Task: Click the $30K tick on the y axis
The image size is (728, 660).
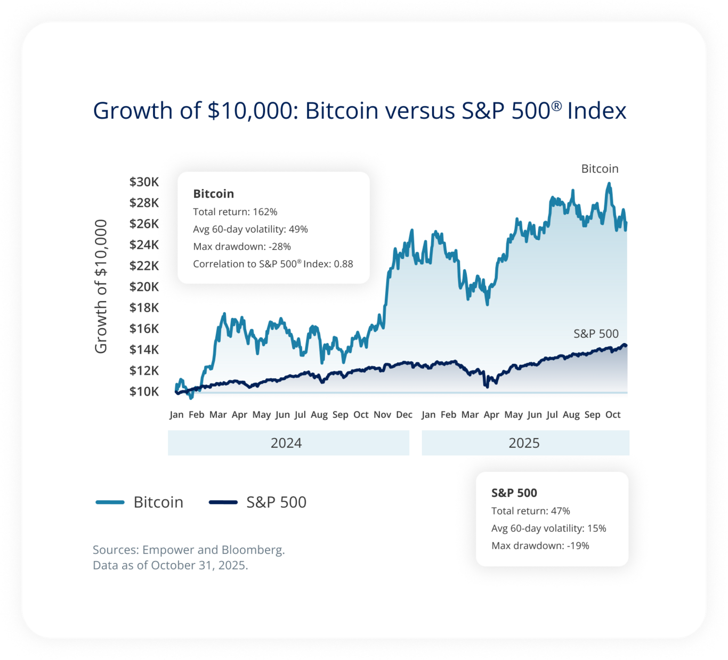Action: [144, 182]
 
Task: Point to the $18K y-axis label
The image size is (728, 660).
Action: [144, 308]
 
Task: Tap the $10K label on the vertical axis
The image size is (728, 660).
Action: [144, 392]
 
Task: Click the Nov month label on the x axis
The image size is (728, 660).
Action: [382, 414]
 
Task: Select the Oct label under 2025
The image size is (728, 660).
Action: [613, 414]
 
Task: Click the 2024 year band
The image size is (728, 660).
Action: [288, 443]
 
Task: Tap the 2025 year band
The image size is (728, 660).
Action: [525, 443]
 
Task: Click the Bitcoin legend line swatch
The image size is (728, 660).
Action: [110, 502]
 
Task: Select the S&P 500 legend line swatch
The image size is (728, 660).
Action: [223, 502]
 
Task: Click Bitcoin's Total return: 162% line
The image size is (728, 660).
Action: [235, 212]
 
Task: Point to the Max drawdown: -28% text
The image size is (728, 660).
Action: [241, 247]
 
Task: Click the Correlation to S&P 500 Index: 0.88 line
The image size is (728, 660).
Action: [273, 264]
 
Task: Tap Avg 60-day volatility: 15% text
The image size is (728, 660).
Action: [548, 528]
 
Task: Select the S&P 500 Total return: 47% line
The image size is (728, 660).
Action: [530, 511]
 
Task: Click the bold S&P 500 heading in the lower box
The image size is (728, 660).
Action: [514, 493]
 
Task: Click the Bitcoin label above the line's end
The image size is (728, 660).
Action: [600, 169]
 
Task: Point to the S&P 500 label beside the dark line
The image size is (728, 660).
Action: [596, 334]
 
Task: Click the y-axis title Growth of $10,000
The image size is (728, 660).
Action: [101, 286]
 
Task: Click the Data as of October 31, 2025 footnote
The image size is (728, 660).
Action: [171, 566]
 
